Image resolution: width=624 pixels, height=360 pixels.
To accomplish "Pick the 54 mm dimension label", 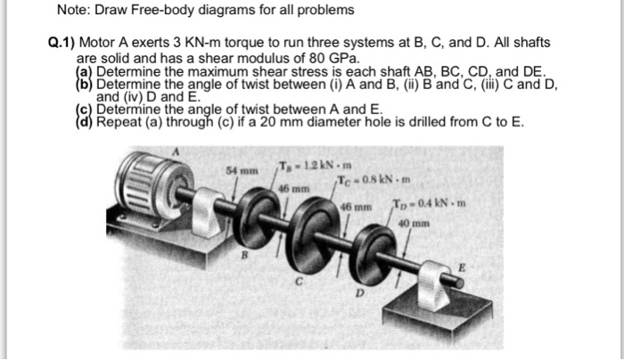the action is (x=238, y=168).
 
